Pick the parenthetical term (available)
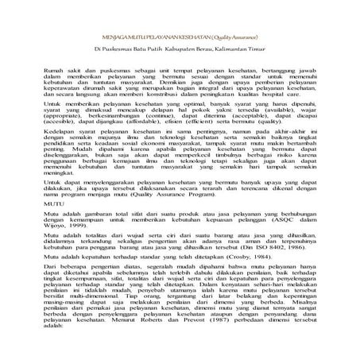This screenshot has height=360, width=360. click(280, 131)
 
